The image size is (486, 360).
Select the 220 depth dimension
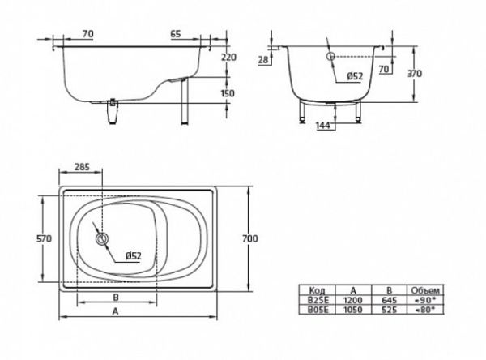(x=227, y=58)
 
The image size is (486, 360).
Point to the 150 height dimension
(x=227, y=94)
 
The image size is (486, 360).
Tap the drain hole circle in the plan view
(x=102, y=240)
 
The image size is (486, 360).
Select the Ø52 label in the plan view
(x=133, y=256)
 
